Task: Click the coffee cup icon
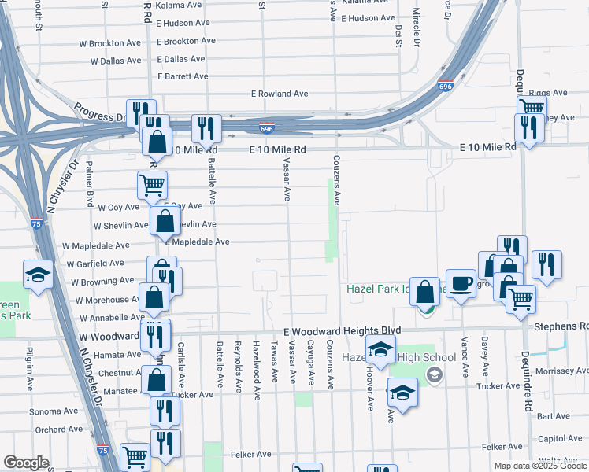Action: tap(461, 283)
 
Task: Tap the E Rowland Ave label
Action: tap(279, 94)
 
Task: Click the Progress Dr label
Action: tap(100, 112)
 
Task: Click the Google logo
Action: tap(26, 463)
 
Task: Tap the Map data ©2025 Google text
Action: tap(539, 466)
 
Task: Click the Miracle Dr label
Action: tap(418, 26)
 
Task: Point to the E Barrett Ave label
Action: tap(183, 76)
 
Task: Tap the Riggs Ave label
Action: tap(548, 93)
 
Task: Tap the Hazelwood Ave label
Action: tap(256, 362)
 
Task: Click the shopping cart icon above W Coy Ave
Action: tap(152, 186)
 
